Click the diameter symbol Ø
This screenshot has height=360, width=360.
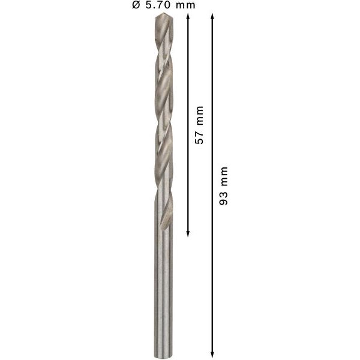pos(136,5)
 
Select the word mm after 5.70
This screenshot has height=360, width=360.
pos(185,5)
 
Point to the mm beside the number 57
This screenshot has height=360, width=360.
pos(200,116)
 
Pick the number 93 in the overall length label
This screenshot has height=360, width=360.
pos(224,199)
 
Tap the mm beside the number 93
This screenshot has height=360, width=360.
pos(224,178)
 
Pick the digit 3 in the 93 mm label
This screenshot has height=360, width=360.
pos(224,195)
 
